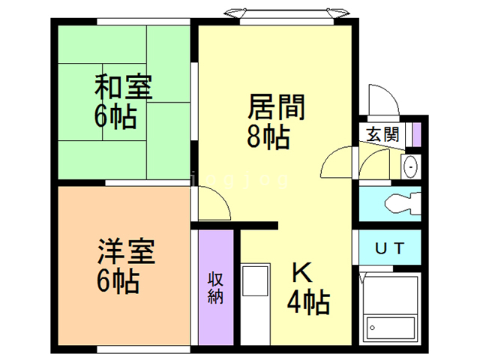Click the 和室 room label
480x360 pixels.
click(x=123, y=87)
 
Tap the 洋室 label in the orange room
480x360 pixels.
click(x=126, y=251)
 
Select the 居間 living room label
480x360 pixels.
click(x=276, y=106)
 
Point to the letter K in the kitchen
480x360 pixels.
click(x=302, y=272)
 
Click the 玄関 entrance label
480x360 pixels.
click(x=383, y=134)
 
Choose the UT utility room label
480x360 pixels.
click(x=390, y=248)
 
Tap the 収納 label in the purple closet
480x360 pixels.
click(x=215, y=288)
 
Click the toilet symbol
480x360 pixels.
click(x=403, y=203)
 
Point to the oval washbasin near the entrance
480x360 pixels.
click(x=410, y=166)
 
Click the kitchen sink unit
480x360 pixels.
click(x=255, y=281)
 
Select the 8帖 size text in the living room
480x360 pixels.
click(x=268, y=136)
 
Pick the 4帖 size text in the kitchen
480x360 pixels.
click(x=308, y=301)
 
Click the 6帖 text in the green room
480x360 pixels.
click(x=115, y=116)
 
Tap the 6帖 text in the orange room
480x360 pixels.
click(x=118, y=282)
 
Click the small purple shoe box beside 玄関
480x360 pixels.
click(x=416, y=134)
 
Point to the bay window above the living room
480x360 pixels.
click(x=286, y=15)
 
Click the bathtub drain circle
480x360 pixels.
click(x=372, y=328)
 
